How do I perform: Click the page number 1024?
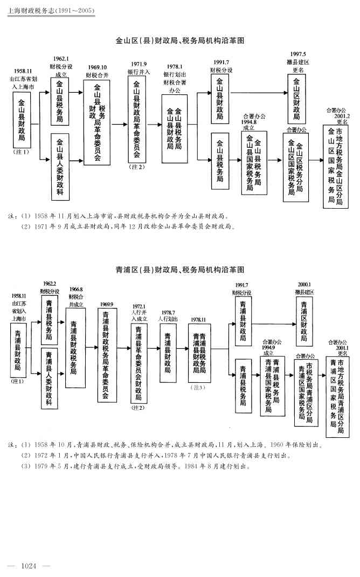pyautogui.click(x=27, y=566)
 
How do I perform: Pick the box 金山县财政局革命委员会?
pyautogui.click(x=137, y=119)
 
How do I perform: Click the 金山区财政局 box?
pyautogui.click(x=296, y=101)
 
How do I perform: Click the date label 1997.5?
pyautogui.click(x=298, y=54)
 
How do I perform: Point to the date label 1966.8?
pyautogui.click(x=75, y=290)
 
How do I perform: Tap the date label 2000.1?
pyautogui.click(x=304, y=284)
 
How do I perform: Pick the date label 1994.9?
pyautogui.click(x=269, y=347)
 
